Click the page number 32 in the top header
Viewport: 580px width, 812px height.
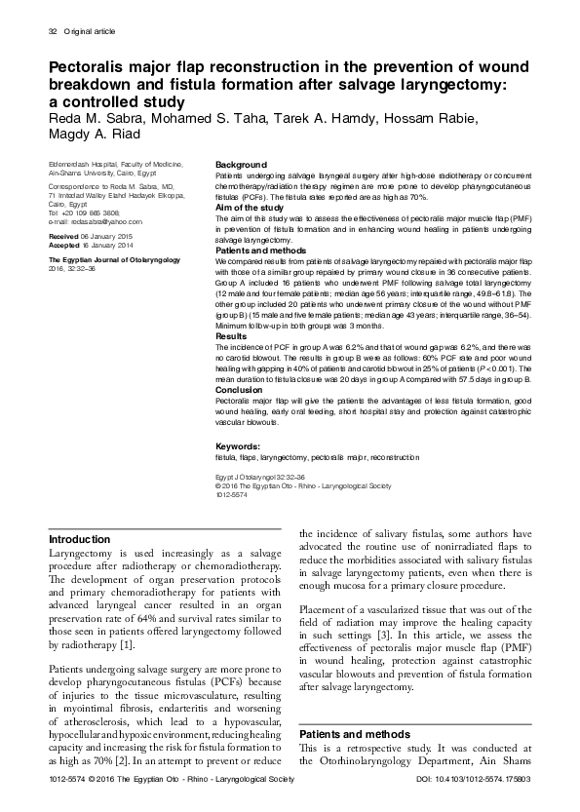click(x=53, y=32)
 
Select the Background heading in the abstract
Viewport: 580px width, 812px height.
click(x=241, y=164)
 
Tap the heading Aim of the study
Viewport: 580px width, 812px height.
click(x=250, y=209)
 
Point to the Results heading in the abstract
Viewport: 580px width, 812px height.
click(x=231, y=335)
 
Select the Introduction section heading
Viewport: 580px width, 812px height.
click(x=80, y=539)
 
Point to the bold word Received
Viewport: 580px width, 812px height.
click(x=64, y=237)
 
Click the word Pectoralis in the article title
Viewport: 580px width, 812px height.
click(x=97, y=67)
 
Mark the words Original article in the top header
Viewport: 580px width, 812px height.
click(x=90, y=32)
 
